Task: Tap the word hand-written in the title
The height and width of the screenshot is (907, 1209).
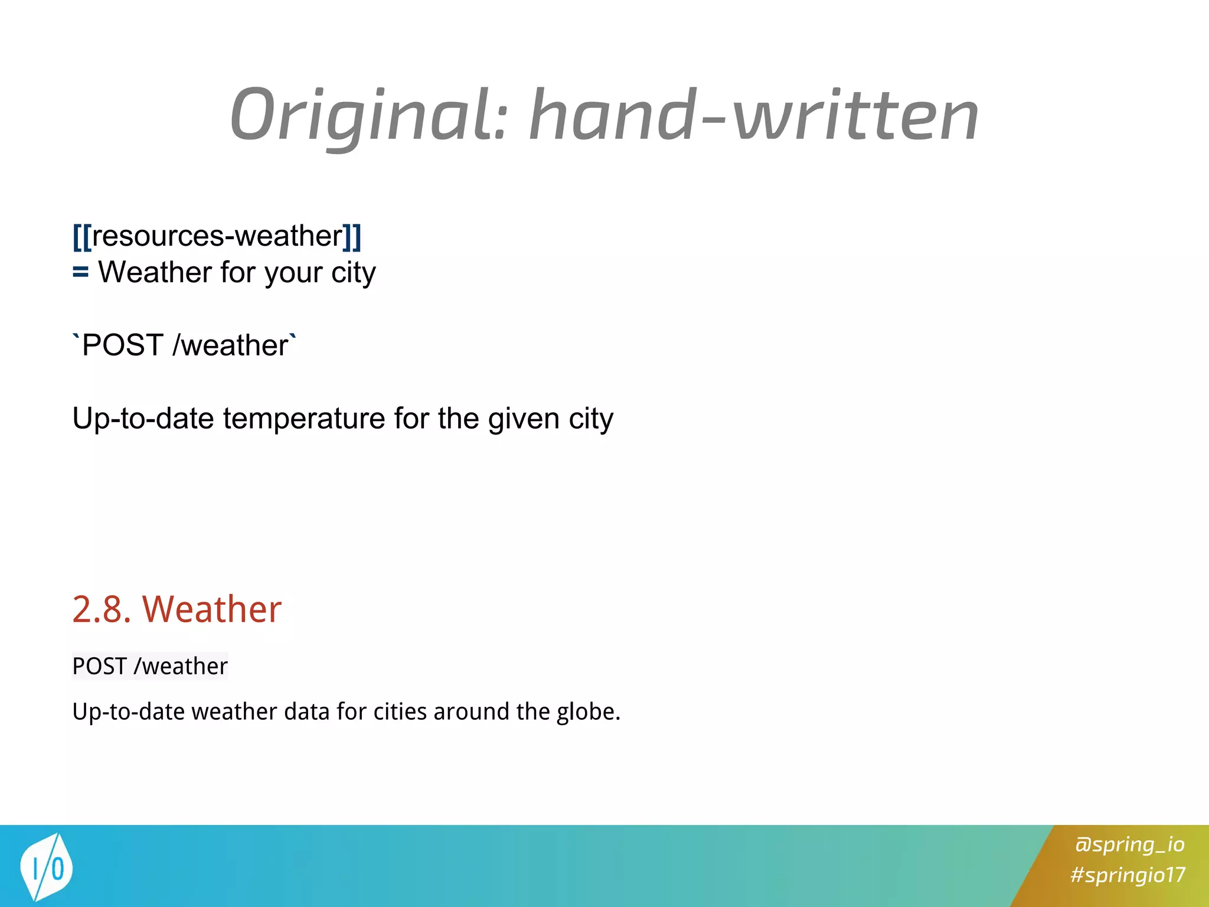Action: click(753, 115)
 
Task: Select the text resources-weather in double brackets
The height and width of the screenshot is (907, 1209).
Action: click(217, 236)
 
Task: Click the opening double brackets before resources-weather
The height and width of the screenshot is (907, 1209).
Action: click(82, 237)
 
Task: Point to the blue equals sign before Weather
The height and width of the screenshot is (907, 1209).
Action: click(80, 273)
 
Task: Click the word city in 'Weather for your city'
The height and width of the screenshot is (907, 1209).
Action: click(353, 273)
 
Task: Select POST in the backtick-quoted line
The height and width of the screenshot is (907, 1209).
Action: click(123, 345)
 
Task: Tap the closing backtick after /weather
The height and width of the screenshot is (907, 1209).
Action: click(293, 337)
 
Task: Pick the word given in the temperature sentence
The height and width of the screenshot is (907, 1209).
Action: click(524, 419)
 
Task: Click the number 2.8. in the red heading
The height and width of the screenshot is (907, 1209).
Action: click(102, 609)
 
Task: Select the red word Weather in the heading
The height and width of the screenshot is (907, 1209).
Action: click(212, 609)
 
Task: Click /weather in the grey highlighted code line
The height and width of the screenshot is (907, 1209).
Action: click(181, 666)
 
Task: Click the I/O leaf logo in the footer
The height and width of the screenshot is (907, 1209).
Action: click(45, 867)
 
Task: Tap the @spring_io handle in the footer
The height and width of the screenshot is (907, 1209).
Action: click(1129, 844)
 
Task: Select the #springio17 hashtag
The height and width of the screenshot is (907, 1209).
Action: click(1128, 875)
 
